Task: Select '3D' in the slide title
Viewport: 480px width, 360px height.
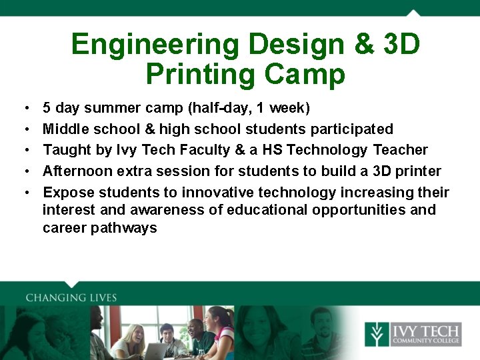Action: pos(402,45)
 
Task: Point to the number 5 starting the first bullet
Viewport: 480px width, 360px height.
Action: pos(47,108)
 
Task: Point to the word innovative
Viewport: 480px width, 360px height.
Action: pos(219,193)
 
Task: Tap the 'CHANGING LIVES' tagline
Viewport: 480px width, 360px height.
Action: pos(71,298)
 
